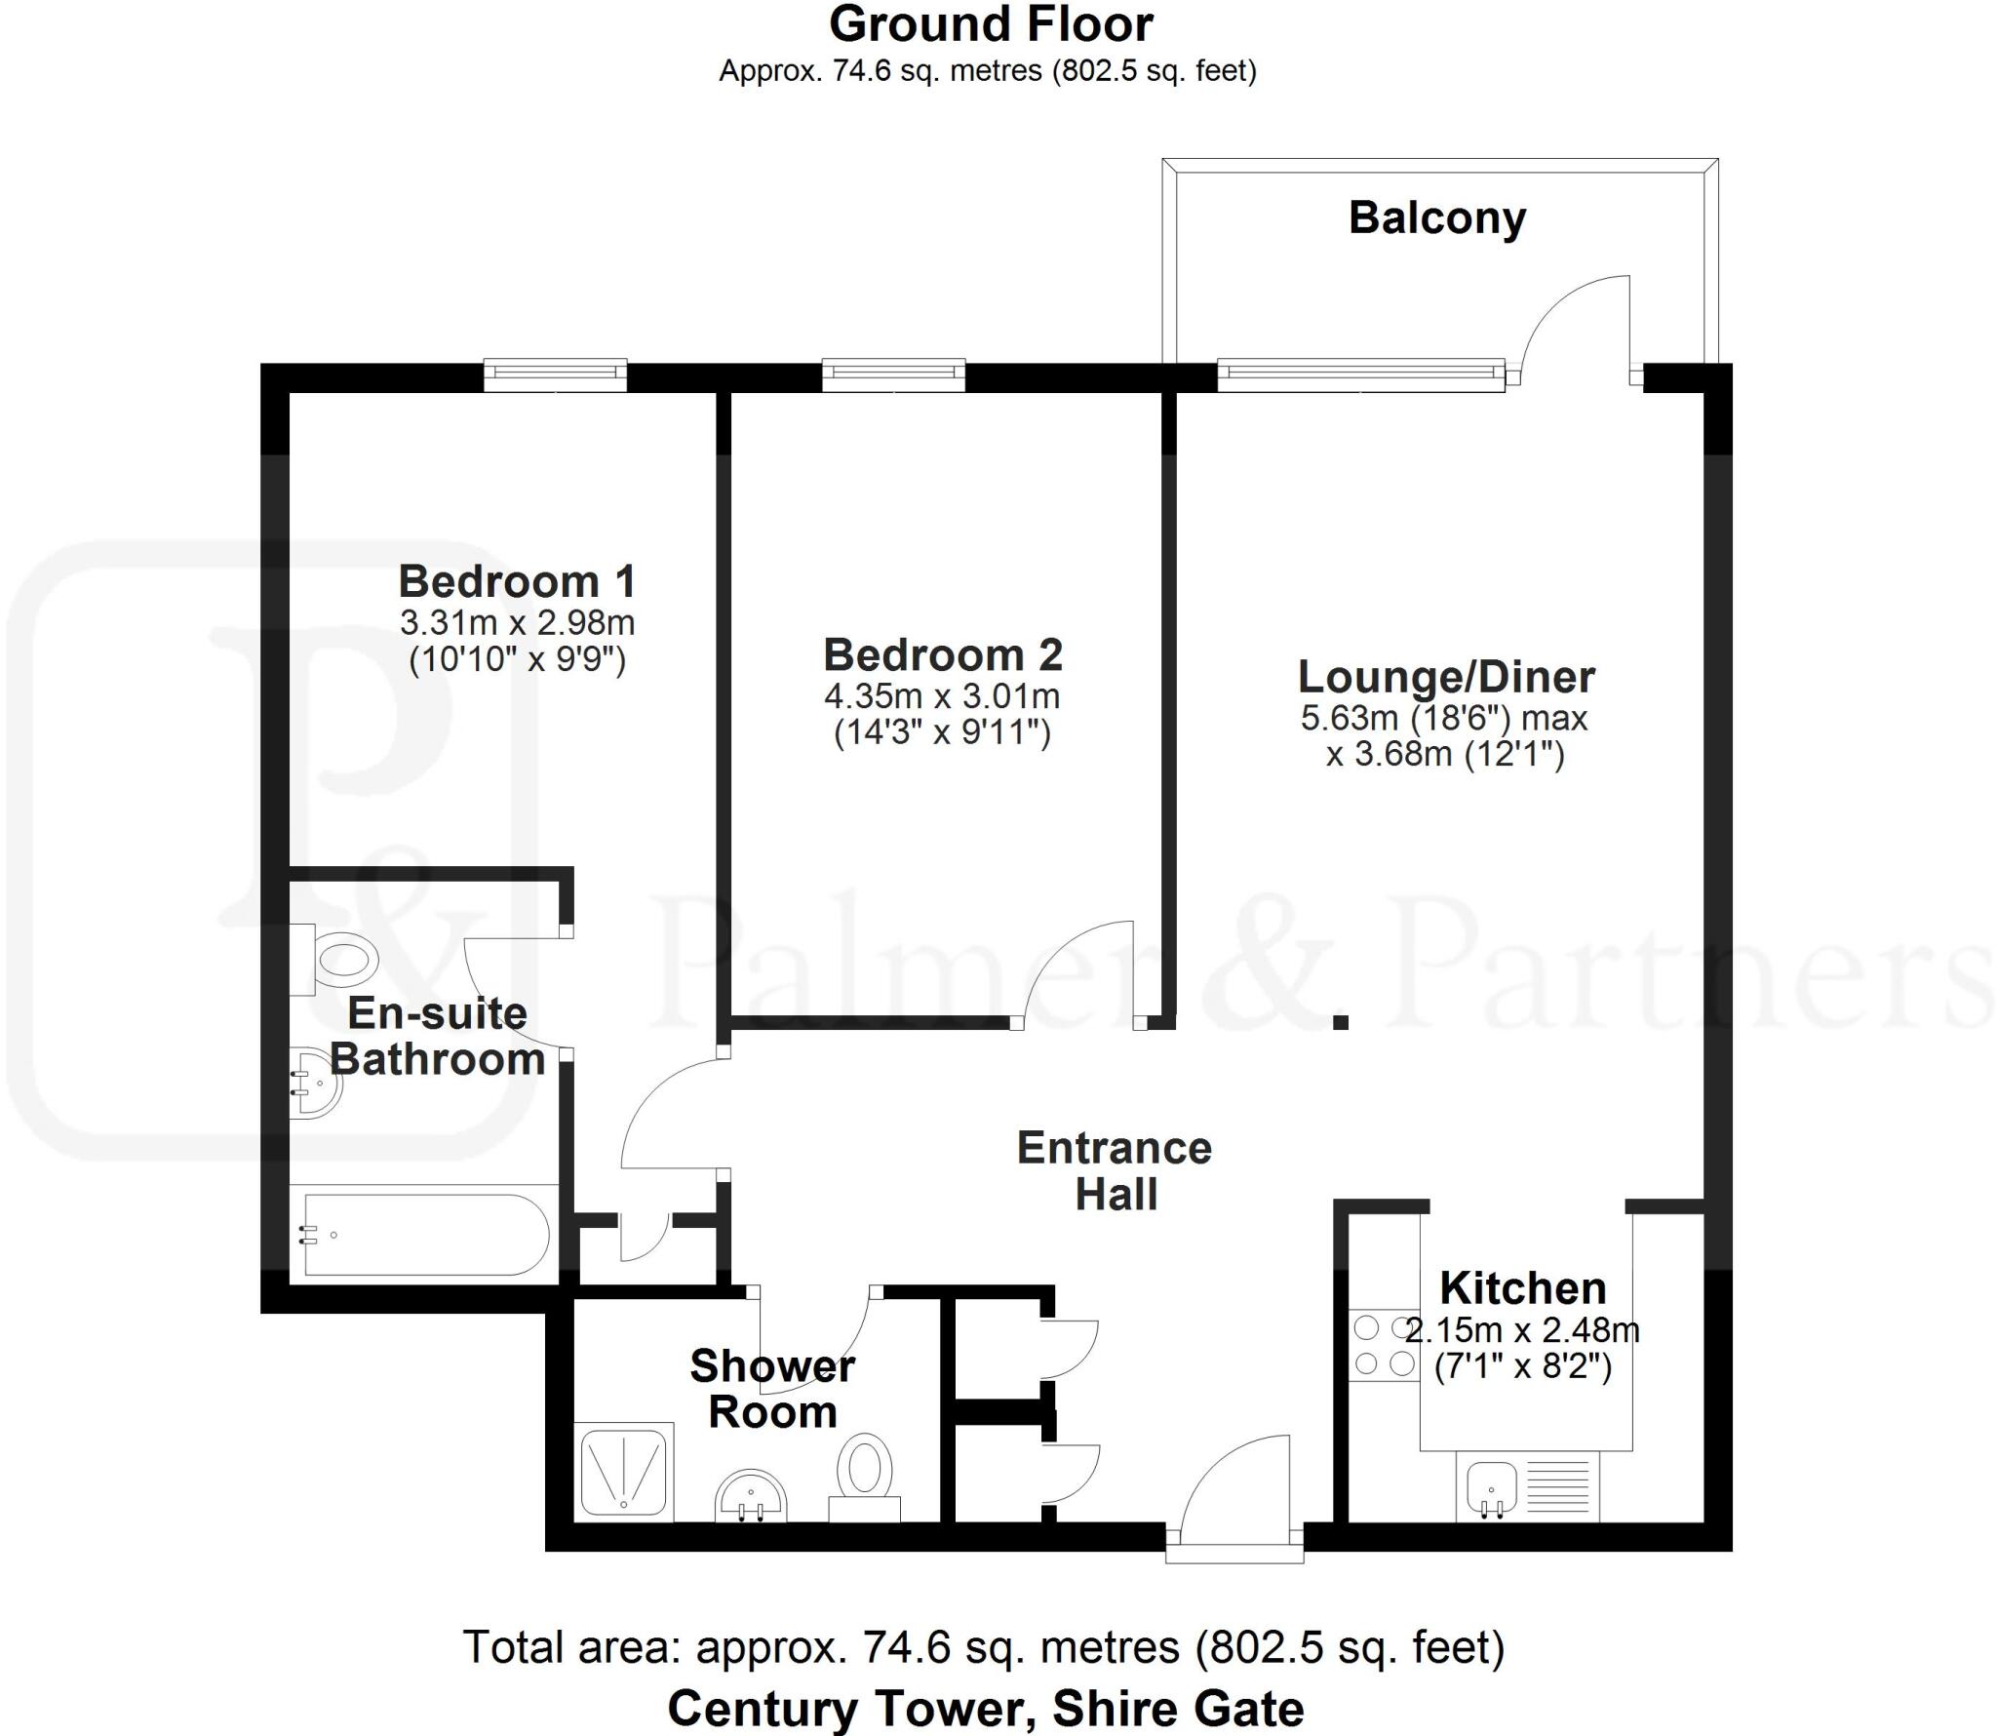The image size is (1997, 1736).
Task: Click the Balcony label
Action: (1436, 217)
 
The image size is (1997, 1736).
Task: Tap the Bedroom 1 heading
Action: (517, 581)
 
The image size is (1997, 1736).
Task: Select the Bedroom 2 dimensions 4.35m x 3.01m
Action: (942, 696)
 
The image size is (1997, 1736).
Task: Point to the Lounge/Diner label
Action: (1447, 677)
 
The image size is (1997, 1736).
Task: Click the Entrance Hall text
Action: (1115, 1171)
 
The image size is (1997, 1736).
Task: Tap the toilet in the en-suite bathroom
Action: (341, 960)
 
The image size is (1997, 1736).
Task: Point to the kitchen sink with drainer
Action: (1528, 1488)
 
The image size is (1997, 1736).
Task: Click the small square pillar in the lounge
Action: (1342, 1022)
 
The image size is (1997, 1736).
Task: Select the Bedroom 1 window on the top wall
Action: (555, 375)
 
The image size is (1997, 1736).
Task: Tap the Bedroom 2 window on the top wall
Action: (893, 375)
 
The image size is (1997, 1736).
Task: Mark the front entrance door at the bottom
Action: (1234, 1497)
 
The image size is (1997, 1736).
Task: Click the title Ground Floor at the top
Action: (991, 24)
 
